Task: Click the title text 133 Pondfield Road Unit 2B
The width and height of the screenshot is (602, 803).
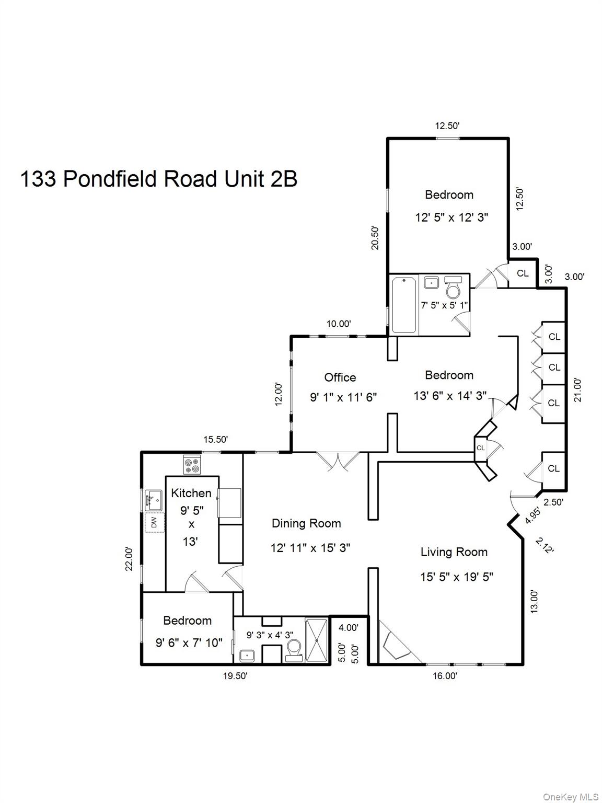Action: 158,179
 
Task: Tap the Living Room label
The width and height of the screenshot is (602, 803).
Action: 454,552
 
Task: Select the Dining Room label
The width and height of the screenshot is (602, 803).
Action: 306,523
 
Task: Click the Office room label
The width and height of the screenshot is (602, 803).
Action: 340,377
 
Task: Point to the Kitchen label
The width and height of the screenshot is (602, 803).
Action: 191,493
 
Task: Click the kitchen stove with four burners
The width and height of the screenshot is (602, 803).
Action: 192,465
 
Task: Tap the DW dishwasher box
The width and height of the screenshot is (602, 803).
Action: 154,522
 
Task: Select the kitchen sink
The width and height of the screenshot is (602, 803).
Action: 154,500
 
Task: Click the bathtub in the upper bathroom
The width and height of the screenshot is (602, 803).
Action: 403,305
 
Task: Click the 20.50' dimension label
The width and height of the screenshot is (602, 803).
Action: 375,238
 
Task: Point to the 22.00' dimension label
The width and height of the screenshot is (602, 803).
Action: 129,558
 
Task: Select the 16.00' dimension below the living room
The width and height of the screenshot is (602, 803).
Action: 445,676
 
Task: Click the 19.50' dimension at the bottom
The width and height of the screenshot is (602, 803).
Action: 235,676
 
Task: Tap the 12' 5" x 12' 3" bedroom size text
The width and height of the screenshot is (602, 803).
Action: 451,217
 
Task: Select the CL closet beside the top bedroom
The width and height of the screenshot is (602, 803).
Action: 523,273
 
